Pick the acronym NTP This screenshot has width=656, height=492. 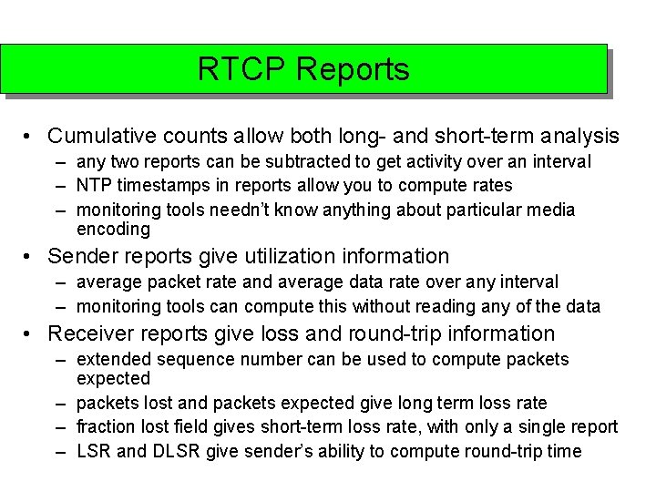[x=95, y=186]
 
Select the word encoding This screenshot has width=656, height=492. [x=113, y=230]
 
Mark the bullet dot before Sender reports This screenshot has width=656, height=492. [x=30, y=258]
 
